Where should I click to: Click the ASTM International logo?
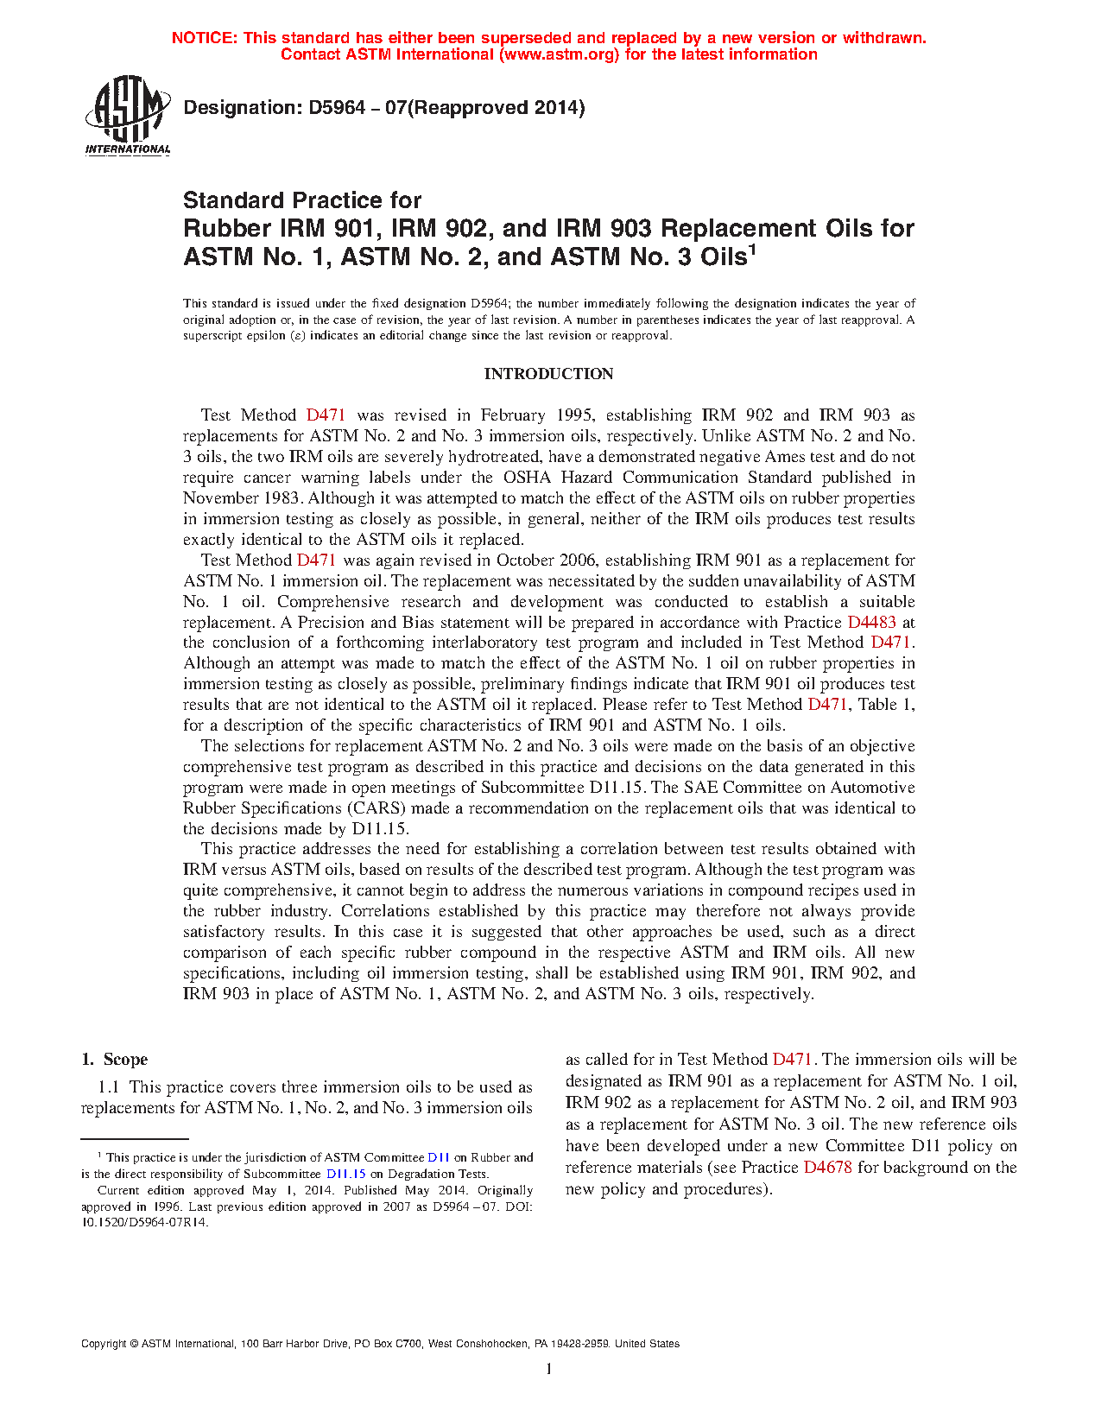[127, 115]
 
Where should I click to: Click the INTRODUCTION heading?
[548, 374]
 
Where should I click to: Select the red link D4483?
[871, 622]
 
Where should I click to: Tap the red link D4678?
[827, 1168]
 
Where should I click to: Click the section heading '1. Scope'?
[115, 1060]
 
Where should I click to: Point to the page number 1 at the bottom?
[549, 1368]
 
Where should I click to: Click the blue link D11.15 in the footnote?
[346, 1174]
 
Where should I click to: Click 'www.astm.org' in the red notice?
[557, 54]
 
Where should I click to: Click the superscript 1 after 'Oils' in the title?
[752, 250]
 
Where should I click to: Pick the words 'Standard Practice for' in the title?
[302, 200]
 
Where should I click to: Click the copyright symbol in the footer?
[134, 1344]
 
